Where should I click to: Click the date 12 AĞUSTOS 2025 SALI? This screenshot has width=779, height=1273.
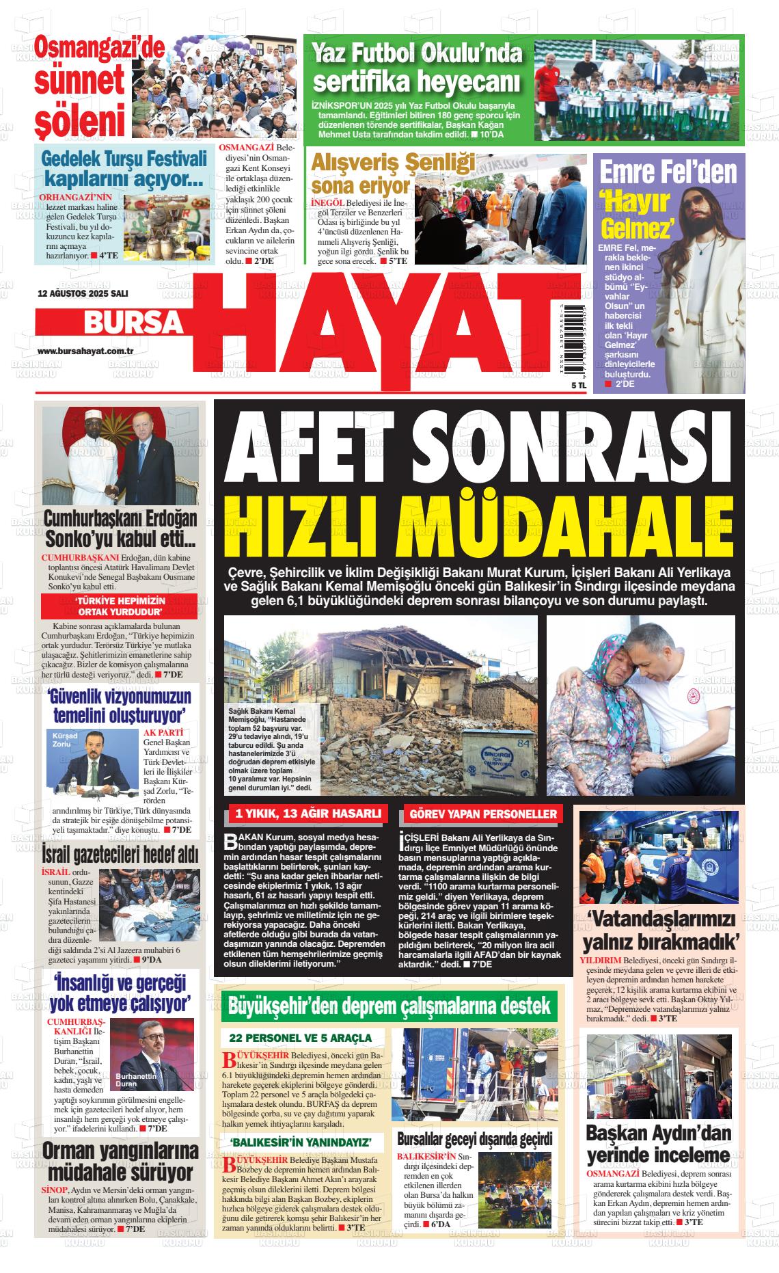[73, 293]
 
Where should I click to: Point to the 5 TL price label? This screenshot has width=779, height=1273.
[560, 386]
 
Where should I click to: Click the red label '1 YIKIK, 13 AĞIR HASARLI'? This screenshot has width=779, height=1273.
[307, 814]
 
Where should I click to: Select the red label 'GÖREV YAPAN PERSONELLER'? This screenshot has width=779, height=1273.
[483, 814]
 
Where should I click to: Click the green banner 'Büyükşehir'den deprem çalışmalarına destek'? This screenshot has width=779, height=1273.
[389, 1006]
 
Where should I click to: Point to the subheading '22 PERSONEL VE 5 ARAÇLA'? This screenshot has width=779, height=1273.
[301, 1038]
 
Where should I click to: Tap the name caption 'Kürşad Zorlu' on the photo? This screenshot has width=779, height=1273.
[60, 739]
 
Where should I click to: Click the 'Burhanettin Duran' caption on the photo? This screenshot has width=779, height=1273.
[136, 1080]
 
